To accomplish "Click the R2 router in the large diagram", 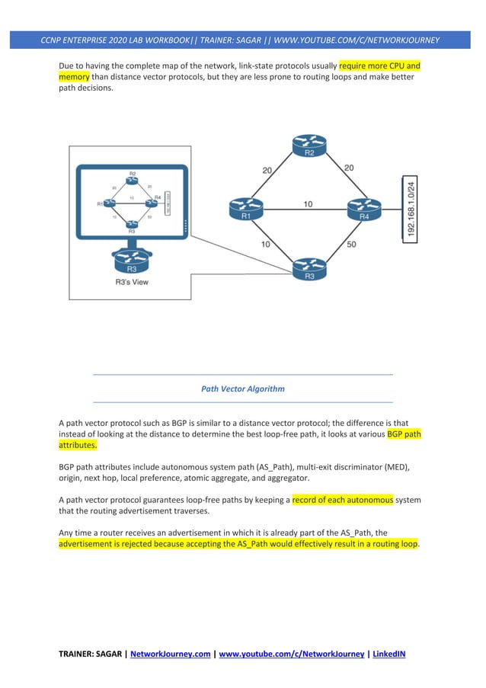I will click(x=309, y=145).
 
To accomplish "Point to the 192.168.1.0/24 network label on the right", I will click(x=411, y=209).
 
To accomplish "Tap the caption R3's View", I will click(x=133, y=282).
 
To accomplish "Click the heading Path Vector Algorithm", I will click(x=242, y=389).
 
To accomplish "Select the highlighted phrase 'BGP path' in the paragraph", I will click(x=404, y=434).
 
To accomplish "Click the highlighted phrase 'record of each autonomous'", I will click(x=342, y=500).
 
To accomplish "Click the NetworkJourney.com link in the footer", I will click(x=171, y=654).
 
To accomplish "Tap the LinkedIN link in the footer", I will click(x=389, y=654).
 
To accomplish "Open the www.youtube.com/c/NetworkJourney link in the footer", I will click(x=289, y=654).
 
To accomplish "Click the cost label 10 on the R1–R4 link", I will click(x=307, y=204).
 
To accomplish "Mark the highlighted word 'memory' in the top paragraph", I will click(x=74, y=77).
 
